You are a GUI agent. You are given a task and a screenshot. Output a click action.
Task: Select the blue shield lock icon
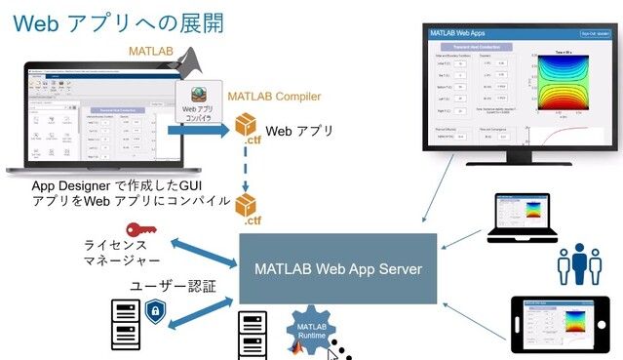click(154, 311)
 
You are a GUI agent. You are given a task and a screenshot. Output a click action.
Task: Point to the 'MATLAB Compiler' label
click(276, 97)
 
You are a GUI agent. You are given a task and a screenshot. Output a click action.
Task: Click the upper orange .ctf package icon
click(249, 128)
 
